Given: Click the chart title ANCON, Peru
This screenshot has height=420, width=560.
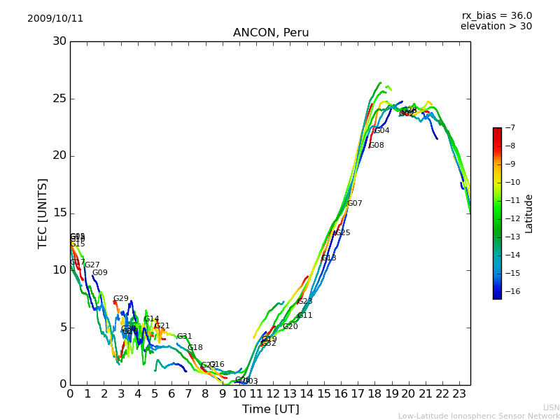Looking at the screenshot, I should click(270, 33).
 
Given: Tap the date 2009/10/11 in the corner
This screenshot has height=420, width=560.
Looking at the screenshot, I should click(55, 18).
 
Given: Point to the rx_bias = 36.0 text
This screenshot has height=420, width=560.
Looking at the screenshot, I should click(496, 15).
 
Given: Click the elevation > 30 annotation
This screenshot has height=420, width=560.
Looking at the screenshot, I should click(496, 27).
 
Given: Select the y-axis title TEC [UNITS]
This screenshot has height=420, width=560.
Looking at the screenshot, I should click(43, 213).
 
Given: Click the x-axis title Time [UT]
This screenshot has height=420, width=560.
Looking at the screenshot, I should click(270, 409).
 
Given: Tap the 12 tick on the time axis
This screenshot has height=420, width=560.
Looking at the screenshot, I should click(273, 394).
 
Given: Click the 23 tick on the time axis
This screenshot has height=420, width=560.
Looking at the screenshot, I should click(459, 394).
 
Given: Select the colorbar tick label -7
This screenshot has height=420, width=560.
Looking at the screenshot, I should click(509, 128).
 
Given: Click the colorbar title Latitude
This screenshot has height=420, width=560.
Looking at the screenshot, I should click(529, 213).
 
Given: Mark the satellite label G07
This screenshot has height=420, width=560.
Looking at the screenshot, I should click(355, 204).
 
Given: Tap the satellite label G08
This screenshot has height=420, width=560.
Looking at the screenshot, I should click(377, 146).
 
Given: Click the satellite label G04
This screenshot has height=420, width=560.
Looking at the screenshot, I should click(382, 131).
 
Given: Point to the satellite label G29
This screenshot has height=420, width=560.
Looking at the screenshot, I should click(121, 299).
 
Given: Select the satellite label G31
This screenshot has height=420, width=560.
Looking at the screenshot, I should click(184, 337).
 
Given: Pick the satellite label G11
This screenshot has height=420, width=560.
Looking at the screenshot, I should click(305, 316).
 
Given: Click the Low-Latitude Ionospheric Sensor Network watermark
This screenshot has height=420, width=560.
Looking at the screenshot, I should click(479, 416).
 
